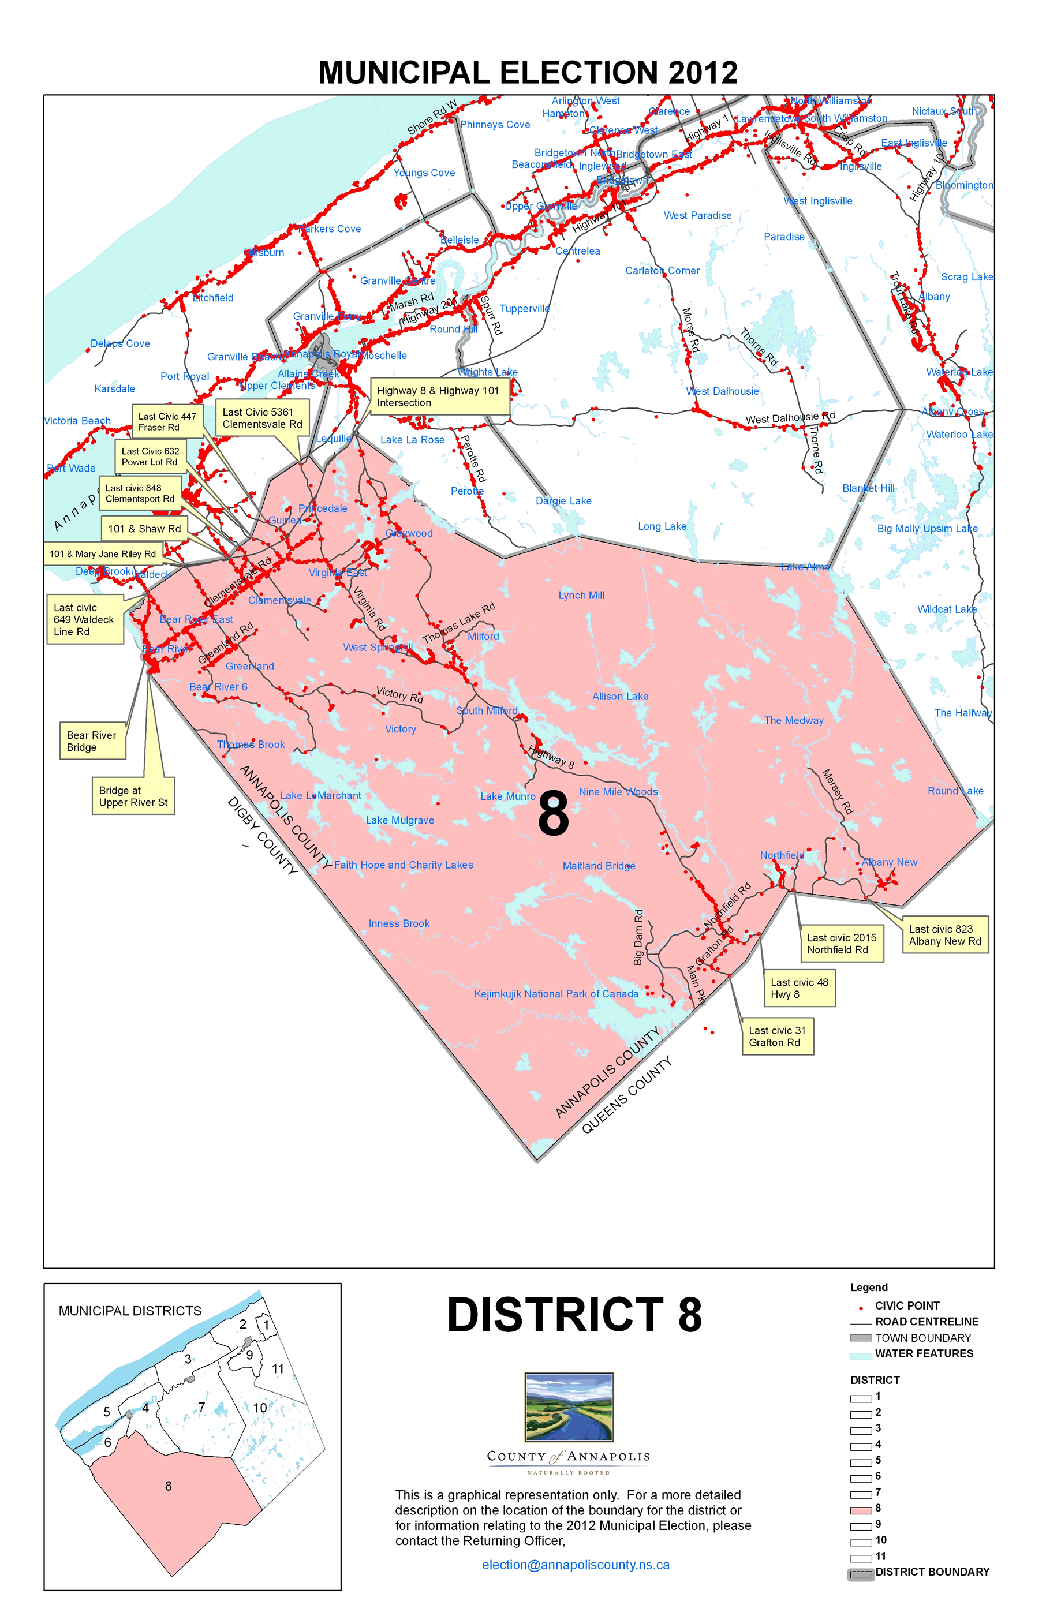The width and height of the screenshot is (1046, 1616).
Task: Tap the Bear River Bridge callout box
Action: click(92, 741)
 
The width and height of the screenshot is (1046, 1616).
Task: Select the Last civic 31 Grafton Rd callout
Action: click(777, 1036)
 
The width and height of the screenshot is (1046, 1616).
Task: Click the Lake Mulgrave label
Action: click(399, 820)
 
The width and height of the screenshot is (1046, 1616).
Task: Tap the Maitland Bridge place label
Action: click(599, 866)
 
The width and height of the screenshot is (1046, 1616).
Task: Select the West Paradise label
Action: click(697, 215)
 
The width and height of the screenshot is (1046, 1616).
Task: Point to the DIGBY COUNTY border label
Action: click(262, 836)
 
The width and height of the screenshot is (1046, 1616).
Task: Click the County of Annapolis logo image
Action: click(569, 1407)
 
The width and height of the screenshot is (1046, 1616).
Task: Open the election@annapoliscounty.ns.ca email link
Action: click(576, 1565)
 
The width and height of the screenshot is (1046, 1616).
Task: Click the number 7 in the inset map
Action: click(201, 1408)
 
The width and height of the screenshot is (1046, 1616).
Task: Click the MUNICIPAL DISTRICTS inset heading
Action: click(130, 1311)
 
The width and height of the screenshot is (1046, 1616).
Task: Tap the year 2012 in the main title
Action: click(703, 73)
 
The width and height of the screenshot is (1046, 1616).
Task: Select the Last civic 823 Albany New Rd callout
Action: click(945, 935)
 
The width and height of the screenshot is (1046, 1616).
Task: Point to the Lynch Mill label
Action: click(581, 596)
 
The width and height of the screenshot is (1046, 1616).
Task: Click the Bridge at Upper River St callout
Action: click(133, 796)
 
